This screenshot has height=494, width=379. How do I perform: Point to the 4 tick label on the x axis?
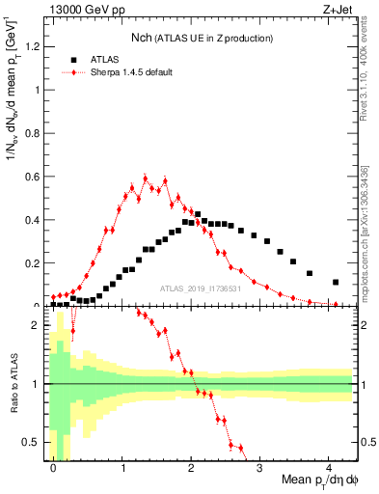[329, 468]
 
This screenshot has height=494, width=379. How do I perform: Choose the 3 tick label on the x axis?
[260, 468]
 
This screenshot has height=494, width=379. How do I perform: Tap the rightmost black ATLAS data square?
[336, 283]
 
